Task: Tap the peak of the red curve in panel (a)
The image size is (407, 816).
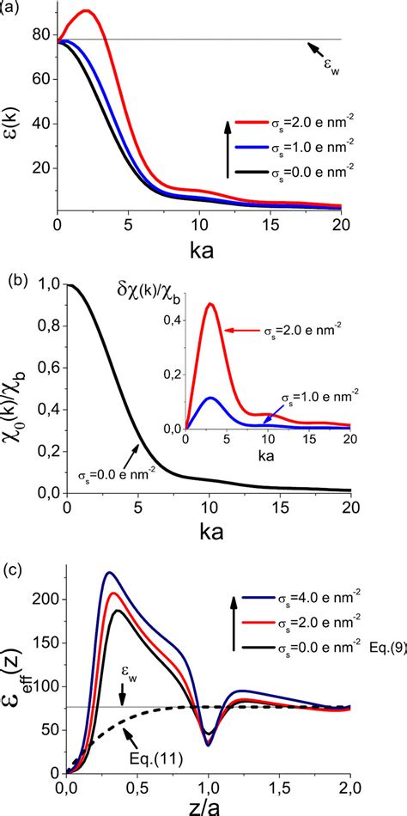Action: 87,11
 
